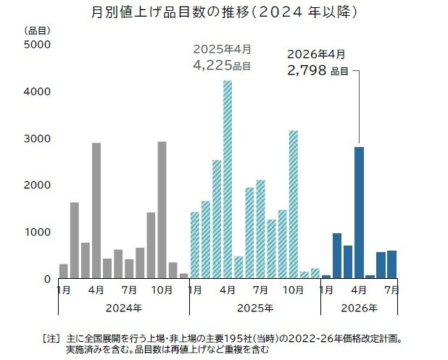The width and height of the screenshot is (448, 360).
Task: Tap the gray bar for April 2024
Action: (96, 210)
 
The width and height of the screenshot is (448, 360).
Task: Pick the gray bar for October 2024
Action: (162, 209)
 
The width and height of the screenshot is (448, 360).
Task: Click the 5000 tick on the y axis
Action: (36, 45)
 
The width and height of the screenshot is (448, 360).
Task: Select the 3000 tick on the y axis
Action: (36, 138)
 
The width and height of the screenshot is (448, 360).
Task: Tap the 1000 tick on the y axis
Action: (36, 232)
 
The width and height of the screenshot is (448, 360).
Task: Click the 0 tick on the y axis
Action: (46, 279)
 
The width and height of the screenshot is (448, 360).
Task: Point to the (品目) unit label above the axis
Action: (36, 30)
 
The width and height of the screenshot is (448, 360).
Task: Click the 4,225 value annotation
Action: (212, 66)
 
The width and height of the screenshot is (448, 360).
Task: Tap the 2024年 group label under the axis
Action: (123, 307)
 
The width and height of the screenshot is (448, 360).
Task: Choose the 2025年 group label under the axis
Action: (254, 307)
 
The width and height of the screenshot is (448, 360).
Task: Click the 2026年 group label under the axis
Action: (360, 307)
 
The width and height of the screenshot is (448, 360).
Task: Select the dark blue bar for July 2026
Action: (391, 264)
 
